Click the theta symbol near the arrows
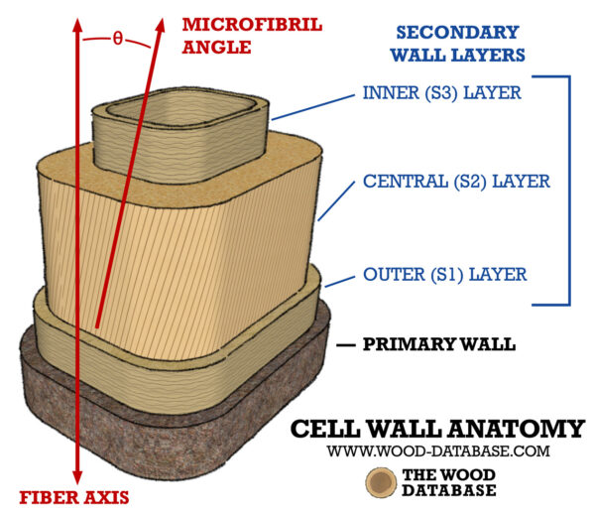(x=118, y=39)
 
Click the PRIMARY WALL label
(x=439, y=345)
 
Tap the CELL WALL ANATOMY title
(x=437, y=429)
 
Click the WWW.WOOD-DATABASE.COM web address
(x=437, y=451)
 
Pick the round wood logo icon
(x=381, y=484)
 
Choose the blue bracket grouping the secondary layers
(x=568, y=189)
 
